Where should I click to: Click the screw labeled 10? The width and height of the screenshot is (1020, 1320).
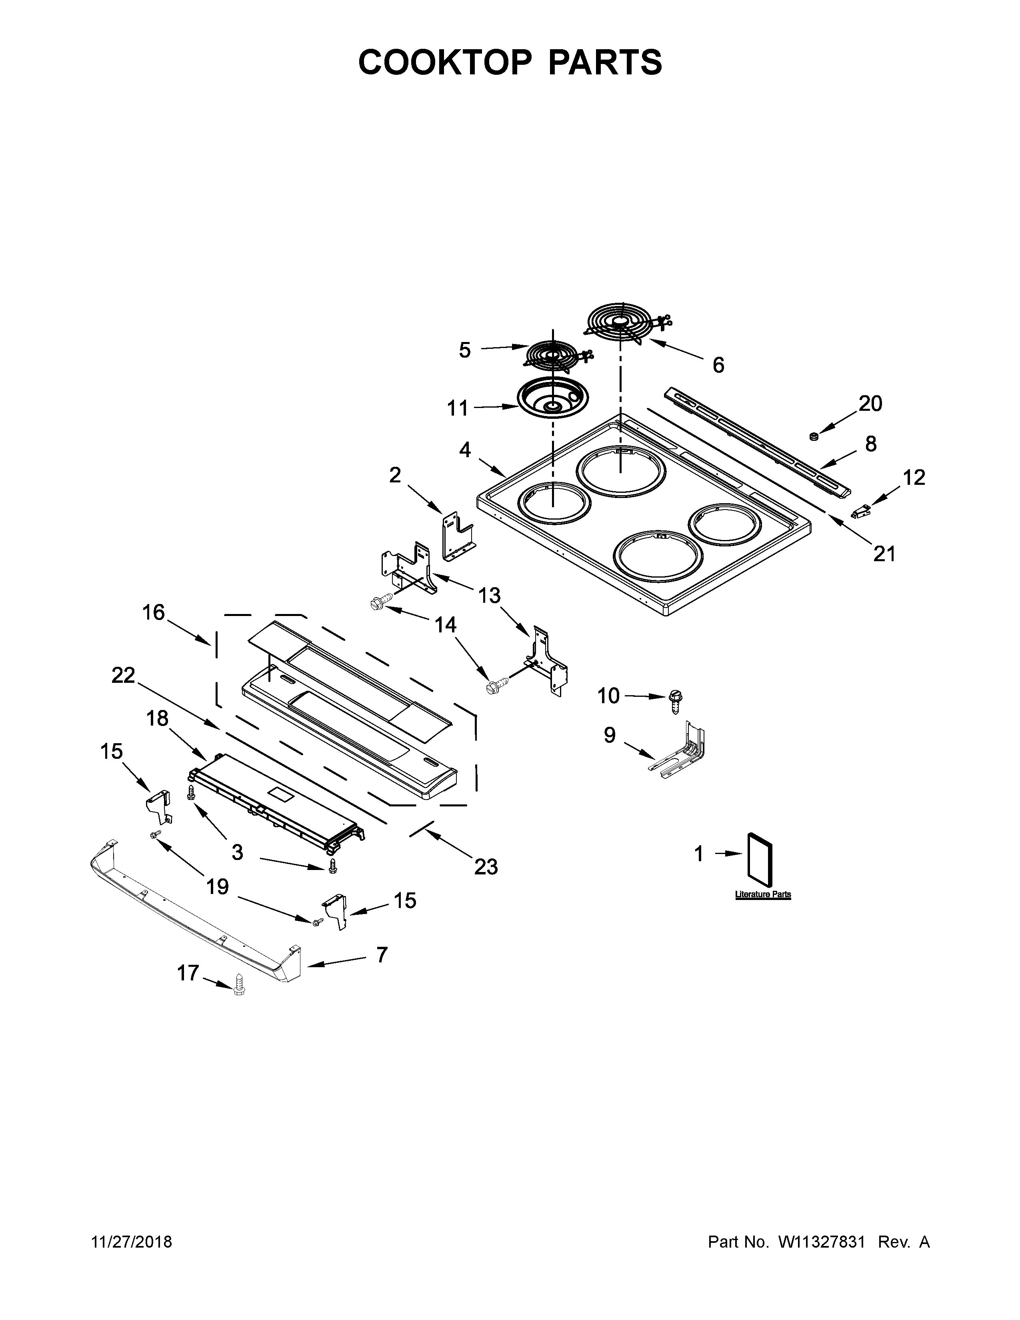675,702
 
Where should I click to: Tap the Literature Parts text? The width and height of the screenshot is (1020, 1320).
762,894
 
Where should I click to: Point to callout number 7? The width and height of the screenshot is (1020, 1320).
381,955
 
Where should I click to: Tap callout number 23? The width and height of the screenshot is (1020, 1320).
486,867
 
